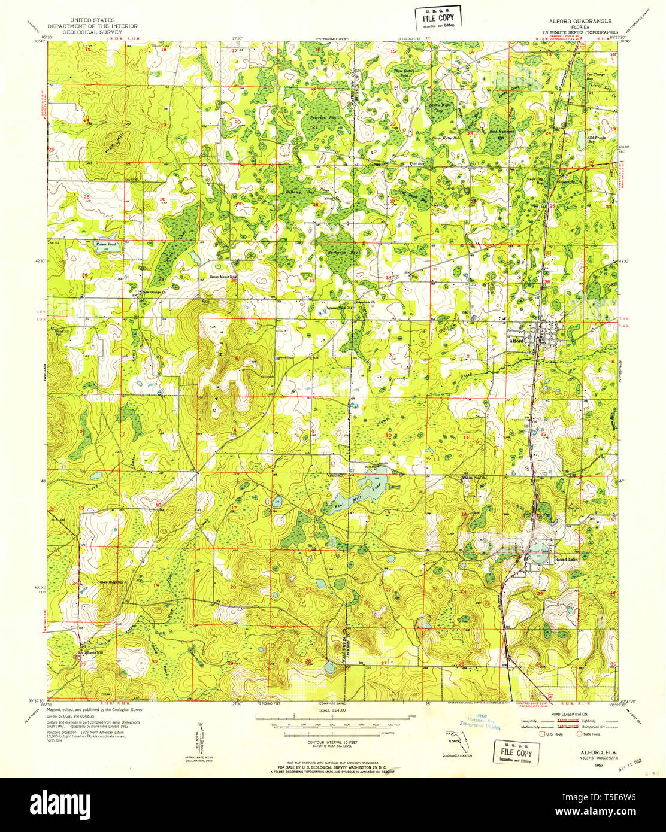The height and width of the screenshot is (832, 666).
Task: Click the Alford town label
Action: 516,341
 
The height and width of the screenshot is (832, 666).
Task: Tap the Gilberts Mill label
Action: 93,652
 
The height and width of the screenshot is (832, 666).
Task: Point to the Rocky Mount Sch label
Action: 222,277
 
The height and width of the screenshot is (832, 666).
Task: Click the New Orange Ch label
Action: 156,293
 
